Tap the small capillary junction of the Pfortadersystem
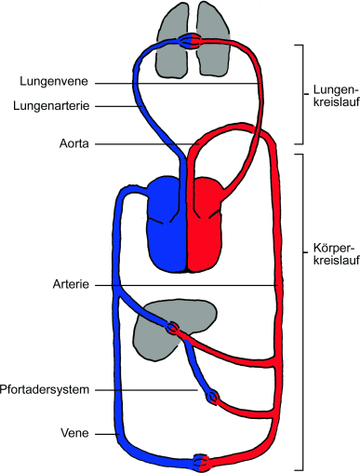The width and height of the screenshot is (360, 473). (213, 396)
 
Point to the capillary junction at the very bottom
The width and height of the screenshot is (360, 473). (201, 461)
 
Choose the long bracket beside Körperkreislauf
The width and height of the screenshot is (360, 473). (299, 307)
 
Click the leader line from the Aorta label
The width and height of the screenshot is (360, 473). (140, 143)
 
